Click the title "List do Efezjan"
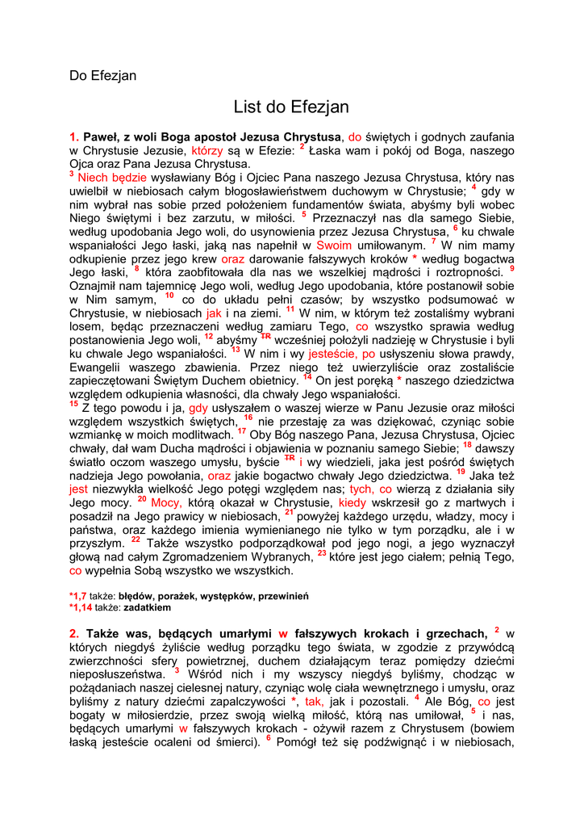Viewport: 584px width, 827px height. point(291,107)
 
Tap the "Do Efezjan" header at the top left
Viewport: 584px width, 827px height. point(102,76)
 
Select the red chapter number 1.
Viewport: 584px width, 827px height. point(73,137)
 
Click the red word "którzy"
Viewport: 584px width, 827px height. point(208,150)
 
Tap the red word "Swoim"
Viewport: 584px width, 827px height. point(334,245)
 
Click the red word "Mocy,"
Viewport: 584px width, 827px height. point(167,502)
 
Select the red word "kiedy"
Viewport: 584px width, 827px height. point(352,502)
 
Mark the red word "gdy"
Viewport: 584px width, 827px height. point(198,408)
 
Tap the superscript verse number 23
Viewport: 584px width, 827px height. point(321,554)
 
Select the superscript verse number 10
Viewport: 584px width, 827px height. point(169,296)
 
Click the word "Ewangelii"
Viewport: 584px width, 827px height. point(98,367)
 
